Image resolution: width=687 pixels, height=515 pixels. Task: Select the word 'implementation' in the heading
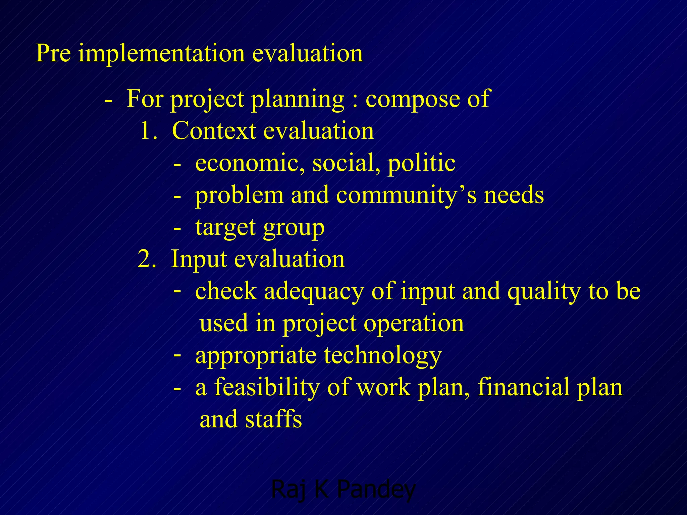161,54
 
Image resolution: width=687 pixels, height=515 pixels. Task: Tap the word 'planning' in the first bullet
298,100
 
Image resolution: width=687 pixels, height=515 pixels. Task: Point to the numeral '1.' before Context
149,131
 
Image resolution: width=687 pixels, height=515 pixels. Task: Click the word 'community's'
406,195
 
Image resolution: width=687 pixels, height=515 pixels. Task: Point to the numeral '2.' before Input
147,259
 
